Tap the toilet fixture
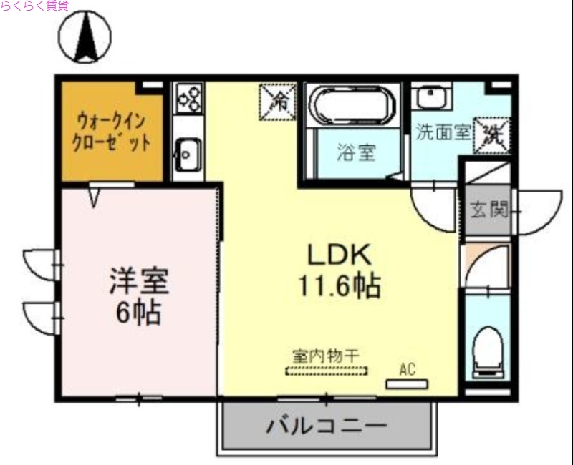click(x=490, y=353)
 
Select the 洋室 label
click(x=139, y=280)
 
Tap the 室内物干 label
click(x=326, y=356)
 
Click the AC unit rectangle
click(x=407, y=384)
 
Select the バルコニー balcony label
click(x=327, y=427)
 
